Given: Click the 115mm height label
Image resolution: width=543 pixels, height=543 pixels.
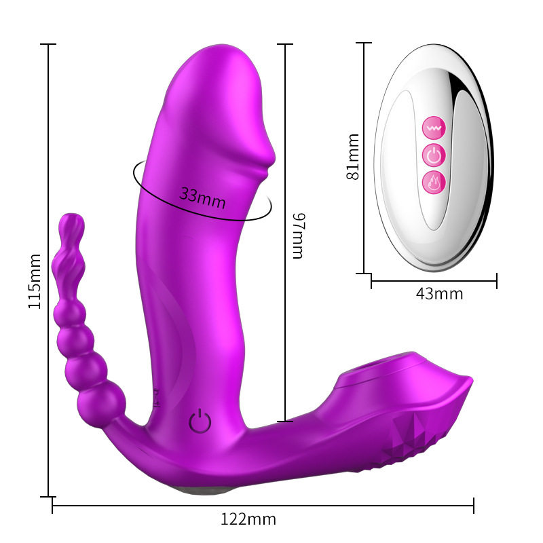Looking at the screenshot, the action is pos(35,281).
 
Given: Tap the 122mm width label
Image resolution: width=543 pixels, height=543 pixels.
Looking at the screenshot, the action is pos(248,519).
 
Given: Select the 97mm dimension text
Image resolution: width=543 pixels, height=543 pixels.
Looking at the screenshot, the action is pos(299,236).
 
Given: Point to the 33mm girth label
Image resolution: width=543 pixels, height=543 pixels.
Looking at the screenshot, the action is pos(202,198).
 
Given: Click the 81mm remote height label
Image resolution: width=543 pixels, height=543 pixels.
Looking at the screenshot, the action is pos(353,157).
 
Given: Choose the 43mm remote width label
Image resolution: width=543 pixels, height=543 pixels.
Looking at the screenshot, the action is pos(439,294).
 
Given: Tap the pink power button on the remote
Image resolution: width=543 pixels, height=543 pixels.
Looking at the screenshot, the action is pos(434,155).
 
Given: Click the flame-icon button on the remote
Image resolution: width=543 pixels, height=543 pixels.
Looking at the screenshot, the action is pos(434,182).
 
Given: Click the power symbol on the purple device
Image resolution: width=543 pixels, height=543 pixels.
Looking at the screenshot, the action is pos(200,421).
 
